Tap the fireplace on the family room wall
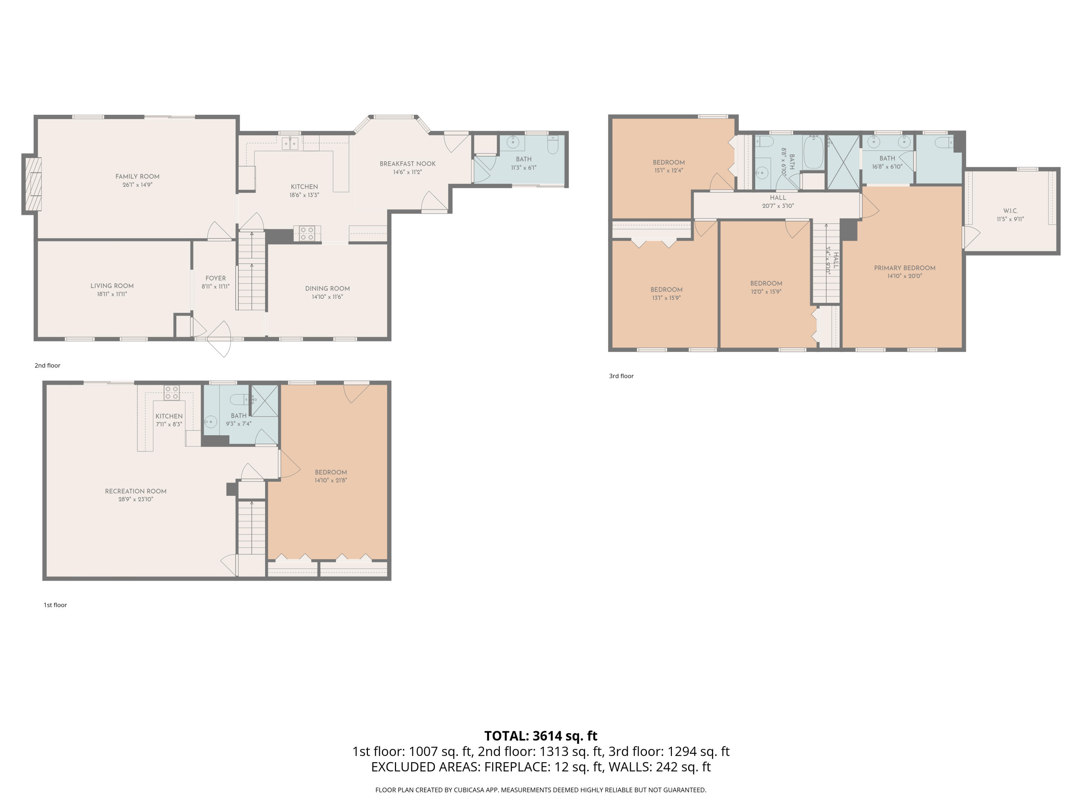pyautogui.click(x=32, y=184)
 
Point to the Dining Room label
pyautogui.click(x=327, y=288)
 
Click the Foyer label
pyautogui.click(x=216, y=278)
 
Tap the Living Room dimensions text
pyautogui.click(x=112, y=294)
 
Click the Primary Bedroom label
pyautogui.click(x=905, y=268)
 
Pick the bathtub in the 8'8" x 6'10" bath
pyautogui.click(x=813, y=153)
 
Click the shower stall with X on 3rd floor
pyautogui.click(x=843, y=162)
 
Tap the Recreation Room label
pyautogui.click(x=136, y=491)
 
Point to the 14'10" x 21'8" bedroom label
pyautogui.click(x=331, y=472)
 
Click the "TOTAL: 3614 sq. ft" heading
pyautogui.click(x=541, y=735)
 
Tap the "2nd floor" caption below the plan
pyautogui.click(x=48, y=366)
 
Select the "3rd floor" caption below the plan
pyautogui.click(x=621, y=376)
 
